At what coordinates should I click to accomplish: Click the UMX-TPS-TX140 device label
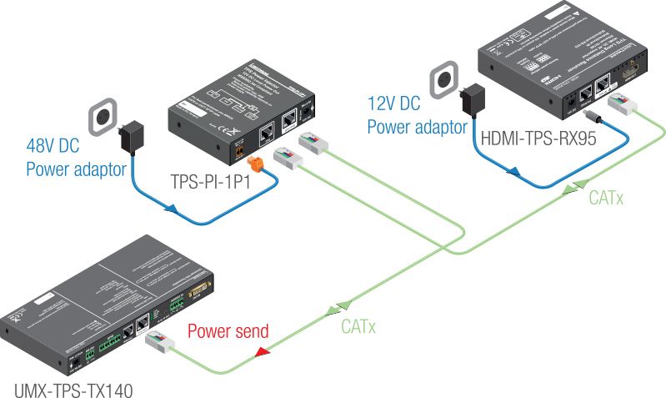click(x=73, y=388)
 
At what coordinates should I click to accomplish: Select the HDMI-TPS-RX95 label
click(x=538, y=139)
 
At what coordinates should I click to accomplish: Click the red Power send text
click(x=228, y=331)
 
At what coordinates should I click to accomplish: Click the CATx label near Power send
click(x=358, y=326)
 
